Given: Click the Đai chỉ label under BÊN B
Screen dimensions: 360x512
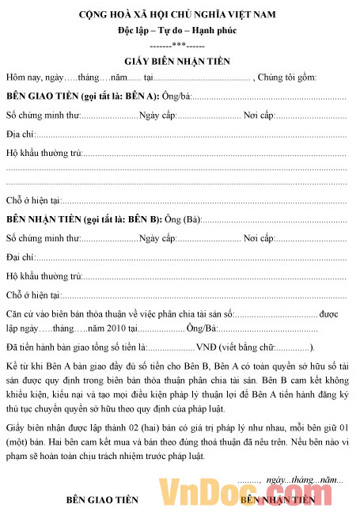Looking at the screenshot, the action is click(x=19, y=257).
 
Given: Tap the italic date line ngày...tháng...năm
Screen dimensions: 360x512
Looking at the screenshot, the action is click(x=305, y=480).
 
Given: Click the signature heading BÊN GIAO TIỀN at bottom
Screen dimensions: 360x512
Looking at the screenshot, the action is click(x=102, y=500).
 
